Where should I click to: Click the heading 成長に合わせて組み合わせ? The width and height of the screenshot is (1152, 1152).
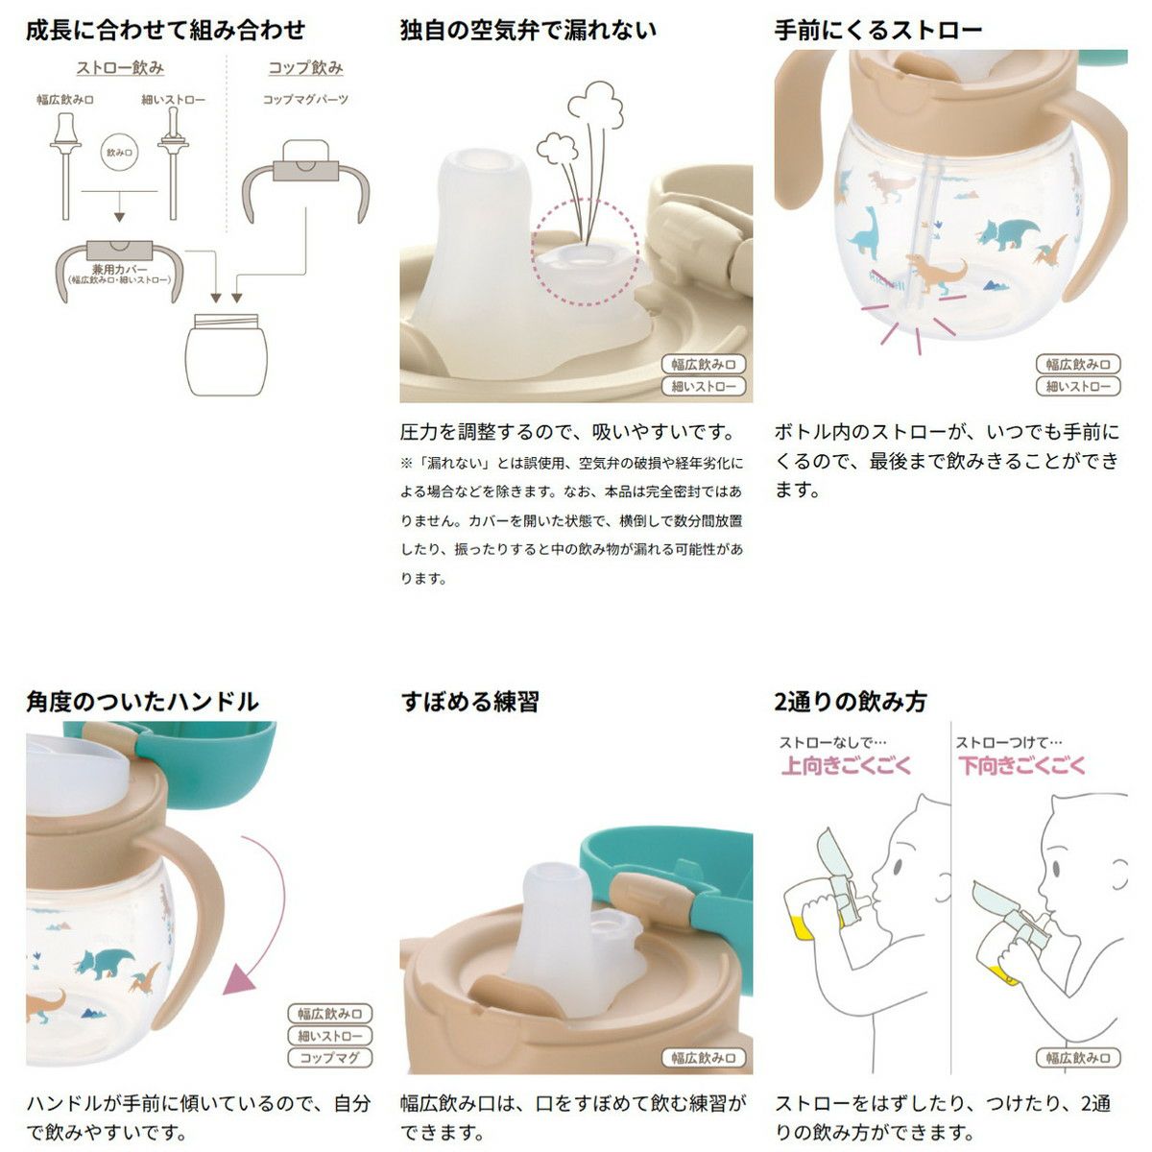click(165, 30)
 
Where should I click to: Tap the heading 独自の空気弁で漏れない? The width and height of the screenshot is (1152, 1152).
click(529, 30)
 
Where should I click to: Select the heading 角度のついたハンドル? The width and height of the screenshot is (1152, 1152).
click(142, 702)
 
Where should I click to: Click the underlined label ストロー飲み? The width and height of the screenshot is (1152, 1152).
click(120, 68)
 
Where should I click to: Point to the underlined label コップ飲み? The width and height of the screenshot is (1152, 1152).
click(305, 68)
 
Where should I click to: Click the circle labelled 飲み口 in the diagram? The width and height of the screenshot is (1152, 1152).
click(119, 152)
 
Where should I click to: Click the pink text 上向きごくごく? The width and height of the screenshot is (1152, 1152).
click(846, 765)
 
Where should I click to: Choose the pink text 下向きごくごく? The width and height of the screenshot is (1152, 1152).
click(1021, 765)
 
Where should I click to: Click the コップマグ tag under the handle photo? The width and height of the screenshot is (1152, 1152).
click(329, 1058)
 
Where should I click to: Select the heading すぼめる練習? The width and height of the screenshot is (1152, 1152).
click(469, 702)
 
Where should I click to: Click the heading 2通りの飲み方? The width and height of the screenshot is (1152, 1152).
click(851, 702)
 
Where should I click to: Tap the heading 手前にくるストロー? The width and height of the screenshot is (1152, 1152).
click(878, 30)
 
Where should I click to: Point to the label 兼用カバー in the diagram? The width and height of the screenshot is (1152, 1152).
click(120, 270)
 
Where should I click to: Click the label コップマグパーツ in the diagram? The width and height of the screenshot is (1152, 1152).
click(305, 100)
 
